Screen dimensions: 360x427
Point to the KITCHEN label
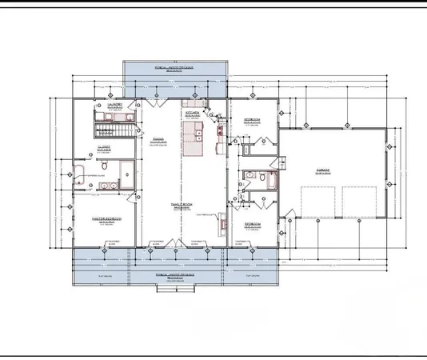click(x=193, y=114)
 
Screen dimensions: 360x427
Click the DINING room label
click(x=158, y=138)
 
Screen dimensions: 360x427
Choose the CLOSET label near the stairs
click(x=103, y=147)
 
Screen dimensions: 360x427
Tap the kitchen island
click(x=192, y=142)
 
